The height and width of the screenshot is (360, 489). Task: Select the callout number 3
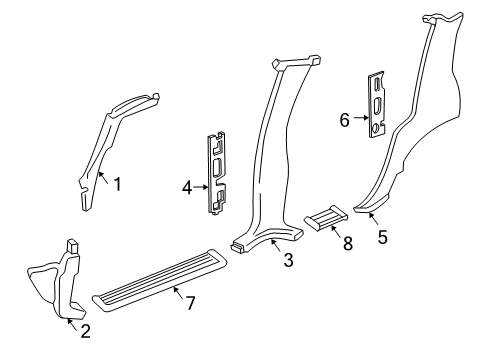pyautogui.click(x=288, y=262)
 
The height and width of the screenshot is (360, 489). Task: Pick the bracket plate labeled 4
pyautogui.click(x=218, y=172)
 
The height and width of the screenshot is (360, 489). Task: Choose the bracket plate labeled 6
pyautogui.click(x=379, y=104)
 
